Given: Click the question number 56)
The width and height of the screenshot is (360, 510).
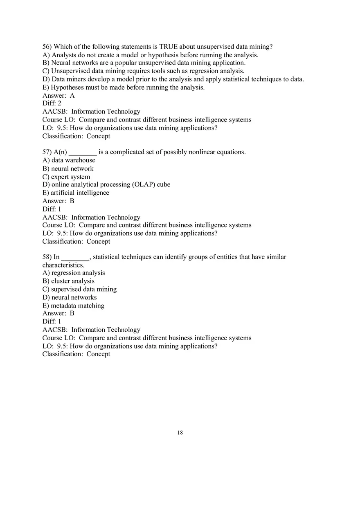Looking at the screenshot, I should (47, 47).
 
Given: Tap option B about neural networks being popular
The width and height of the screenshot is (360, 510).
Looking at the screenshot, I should (144, 63).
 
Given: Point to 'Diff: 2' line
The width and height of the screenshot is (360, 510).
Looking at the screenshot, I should (52, 103).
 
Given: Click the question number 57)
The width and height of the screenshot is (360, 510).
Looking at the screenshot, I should (47, 152).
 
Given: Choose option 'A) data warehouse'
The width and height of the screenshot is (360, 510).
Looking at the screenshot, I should (69, 160).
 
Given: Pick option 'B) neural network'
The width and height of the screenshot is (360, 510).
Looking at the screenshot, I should (68, 169).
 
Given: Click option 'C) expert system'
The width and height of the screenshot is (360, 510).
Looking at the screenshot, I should (66, 177).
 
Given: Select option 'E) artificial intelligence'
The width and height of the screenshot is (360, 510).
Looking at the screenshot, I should (76, 193).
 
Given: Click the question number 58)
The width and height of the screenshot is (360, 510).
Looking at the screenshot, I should (47, 257).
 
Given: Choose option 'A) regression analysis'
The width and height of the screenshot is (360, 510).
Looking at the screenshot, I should (74, 273).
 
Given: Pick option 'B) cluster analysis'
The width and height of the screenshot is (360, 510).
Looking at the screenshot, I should (68, 281).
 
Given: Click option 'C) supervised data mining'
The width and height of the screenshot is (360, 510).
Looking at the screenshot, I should (79, 289).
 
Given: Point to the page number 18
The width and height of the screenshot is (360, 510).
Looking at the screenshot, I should (180, 433).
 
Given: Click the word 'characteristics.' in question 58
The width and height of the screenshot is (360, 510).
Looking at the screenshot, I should (63, 265).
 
